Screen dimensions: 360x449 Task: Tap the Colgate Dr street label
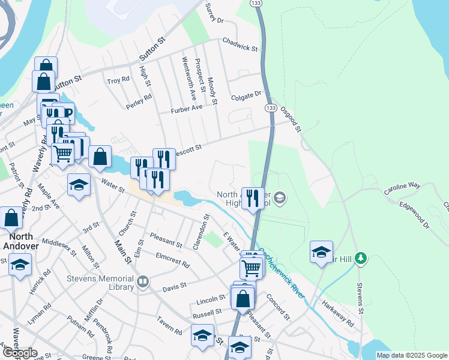point(247,94)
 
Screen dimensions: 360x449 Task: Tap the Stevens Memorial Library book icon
point(143,283)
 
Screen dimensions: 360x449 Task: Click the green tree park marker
point(360,258)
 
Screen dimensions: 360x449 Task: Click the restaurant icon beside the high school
point(253,198)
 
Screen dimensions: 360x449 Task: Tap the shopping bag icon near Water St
point(100,157)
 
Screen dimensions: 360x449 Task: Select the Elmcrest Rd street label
point(172,262)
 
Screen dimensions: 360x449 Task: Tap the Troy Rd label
point(118,80)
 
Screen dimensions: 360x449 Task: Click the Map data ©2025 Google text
point(412,355)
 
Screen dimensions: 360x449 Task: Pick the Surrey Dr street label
point(214,14)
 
